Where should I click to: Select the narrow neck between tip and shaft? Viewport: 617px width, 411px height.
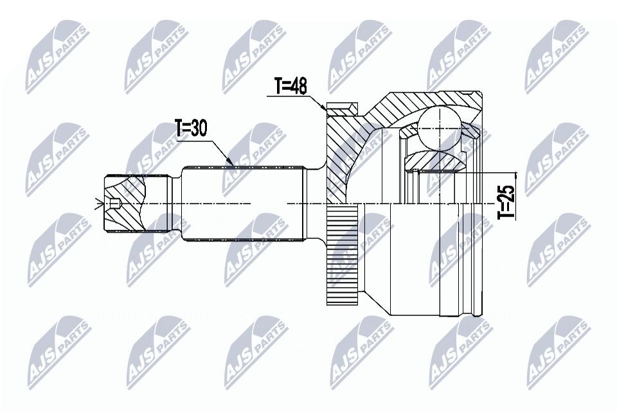tap(174, 205)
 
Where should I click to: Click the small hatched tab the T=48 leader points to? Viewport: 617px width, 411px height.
tap(341, 109)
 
